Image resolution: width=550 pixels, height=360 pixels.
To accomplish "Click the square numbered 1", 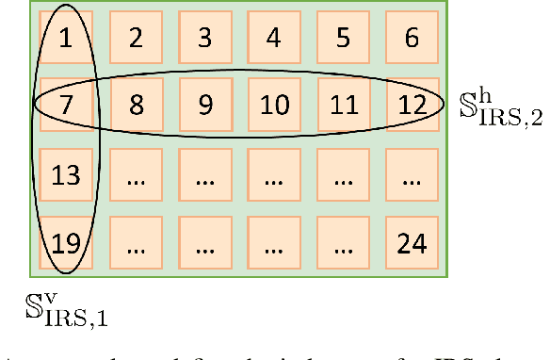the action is pos(65,38).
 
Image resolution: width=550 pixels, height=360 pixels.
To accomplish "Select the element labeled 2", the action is pos(136,38).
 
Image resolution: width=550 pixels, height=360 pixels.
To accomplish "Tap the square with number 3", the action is pos(204,38).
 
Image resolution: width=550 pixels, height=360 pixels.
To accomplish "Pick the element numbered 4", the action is pos(273,38).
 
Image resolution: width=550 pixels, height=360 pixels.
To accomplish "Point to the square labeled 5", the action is pos(342,38).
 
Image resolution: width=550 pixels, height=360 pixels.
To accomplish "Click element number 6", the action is pos(411,38).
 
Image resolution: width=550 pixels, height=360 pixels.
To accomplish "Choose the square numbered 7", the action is pos(65,104).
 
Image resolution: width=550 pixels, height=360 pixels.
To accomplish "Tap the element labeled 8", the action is pos(136,104).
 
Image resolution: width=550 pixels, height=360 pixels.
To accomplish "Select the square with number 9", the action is pos(204,104).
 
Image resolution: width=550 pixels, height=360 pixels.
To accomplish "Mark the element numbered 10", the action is pos(273,104).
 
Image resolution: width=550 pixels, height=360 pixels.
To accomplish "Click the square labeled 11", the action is pos(342,104).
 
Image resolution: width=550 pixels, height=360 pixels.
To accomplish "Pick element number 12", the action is pos(411,104).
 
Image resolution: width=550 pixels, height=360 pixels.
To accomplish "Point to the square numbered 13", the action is pos(65,174).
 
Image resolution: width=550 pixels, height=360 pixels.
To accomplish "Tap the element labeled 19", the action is pos(65,243).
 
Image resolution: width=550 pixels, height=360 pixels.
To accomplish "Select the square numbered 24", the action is pos(411,243).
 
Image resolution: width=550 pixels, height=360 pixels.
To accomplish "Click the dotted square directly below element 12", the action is pos(411,174).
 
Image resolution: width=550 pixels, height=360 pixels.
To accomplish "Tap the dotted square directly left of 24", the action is pos(342,243).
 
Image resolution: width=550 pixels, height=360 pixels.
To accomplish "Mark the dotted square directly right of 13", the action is pos(136,174).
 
